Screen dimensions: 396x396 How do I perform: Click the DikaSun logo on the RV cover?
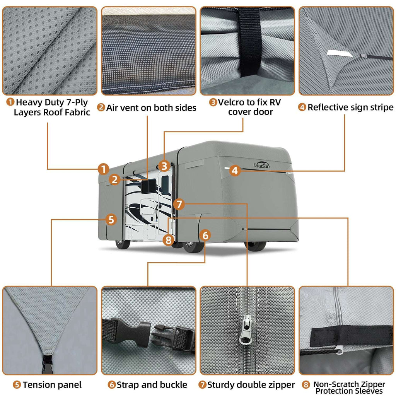[x=262, y=164]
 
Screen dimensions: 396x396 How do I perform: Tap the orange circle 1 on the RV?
[x=103, y=169]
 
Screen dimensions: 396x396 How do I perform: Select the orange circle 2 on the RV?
[x=114, y=179]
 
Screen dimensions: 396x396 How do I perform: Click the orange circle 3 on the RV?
[x=165, y=166]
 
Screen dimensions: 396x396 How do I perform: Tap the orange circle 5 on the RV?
[x=111, y=220]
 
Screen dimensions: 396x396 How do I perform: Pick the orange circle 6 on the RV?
[x=205, y=235]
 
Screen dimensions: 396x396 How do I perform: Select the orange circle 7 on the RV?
[x=179, y=204]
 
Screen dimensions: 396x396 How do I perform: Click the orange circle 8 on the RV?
[x=168, y=240]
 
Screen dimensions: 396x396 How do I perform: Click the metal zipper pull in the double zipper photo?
[x=244, y=331]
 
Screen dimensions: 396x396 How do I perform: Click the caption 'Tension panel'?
[x=52, y=385]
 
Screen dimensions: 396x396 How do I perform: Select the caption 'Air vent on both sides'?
[x=151, y=108]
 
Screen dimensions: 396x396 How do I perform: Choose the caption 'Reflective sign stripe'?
[x=350, y=107]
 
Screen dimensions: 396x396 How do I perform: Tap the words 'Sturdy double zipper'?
[x=251, y=385]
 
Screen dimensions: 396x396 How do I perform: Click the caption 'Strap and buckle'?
[x=152, y=385]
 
